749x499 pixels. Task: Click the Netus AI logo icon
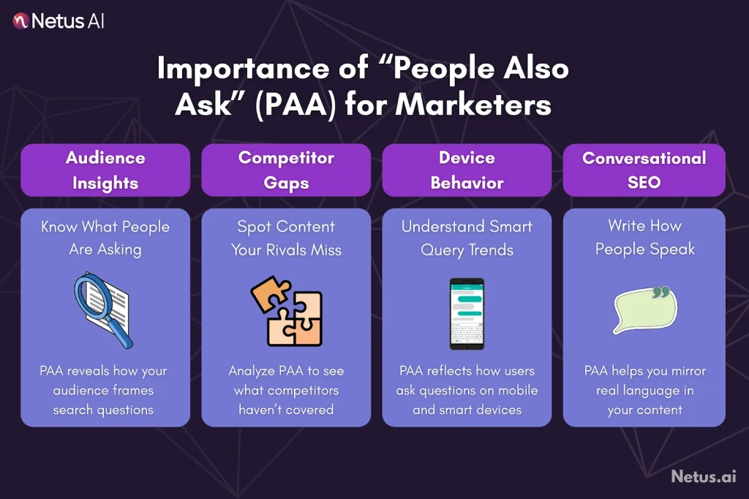20,20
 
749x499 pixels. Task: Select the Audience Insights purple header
105,170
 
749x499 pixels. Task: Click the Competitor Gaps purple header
286,170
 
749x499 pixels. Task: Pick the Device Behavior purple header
467,170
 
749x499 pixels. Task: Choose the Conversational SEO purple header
644,170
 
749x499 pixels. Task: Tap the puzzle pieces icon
286,311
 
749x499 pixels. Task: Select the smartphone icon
467,313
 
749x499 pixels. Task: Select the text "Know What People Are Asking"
105,238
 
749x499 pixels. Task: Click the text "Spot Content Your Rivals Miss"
286,238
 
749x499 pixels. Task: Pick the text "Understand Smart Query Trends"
467,238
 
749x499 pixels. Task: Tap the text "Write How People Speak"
644,238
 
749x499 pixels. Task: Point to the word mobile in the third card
517,390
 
